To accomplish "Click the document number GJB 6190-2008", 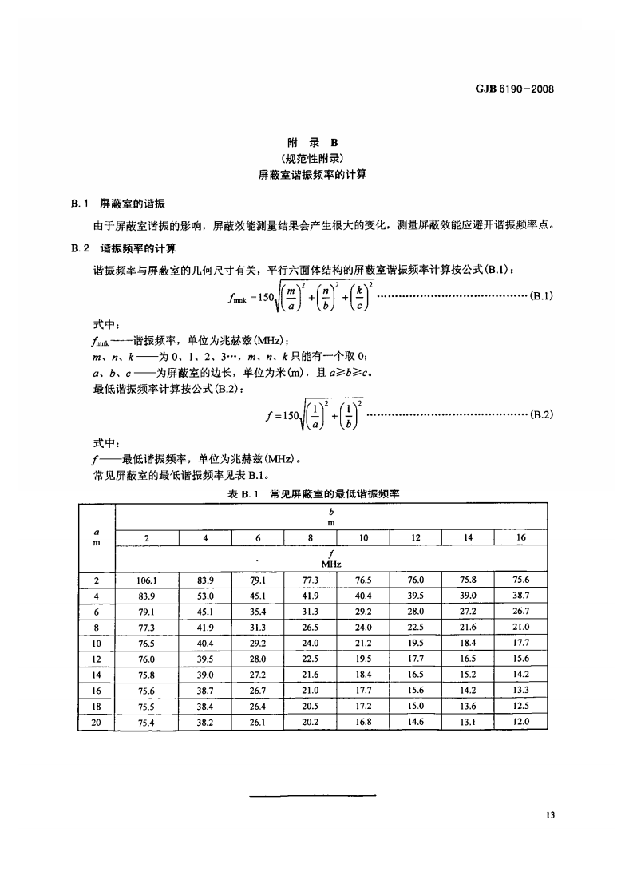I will click(508, 89).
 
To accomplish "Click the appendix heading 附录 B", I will click(317, 143).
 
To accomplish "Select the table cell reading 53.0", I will click(205, 596).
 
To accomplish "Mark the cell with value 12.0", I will click(520, 721).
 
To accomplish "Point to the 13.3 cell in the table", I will click(520, 690).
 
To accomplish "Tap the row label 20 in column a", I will click(97, 722).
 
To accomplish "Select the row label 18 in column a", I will click(97, 706).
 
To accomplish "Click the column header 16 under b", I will click(520, 538).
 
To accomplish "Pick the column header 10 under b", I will click(362, 538).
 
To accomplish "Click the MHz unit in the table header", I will click(331, 564).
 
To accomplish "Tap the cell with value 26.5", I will click(310, 627).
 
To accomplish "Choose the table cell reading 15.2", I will click(468, 674).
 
